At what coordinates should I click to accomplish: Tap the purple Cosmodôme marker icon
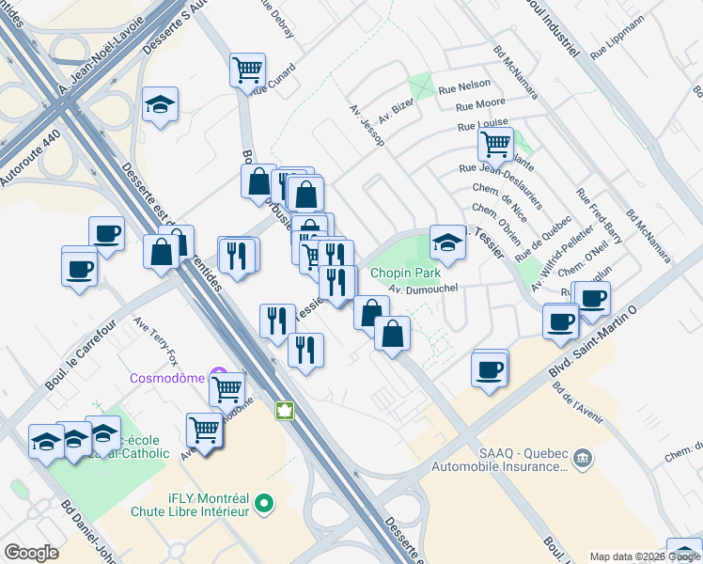tap(219, 374)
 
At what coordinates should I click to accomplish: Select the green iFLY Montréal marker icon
tap(265, 504)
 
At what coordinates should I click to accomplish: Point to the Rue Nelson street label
tap(464, 88)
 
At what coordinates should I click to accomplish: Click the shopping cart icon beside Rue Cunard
tap(247, 69)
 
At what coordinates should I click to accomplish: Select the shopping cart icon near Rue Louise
tap(495, 145)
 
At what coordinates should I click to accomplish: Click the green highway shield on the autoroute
tap(283, 411)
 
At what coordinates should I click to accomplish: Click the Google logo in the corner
tap(31, 552)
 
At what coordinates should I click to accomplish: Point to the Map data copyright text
tap(646, 556)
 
